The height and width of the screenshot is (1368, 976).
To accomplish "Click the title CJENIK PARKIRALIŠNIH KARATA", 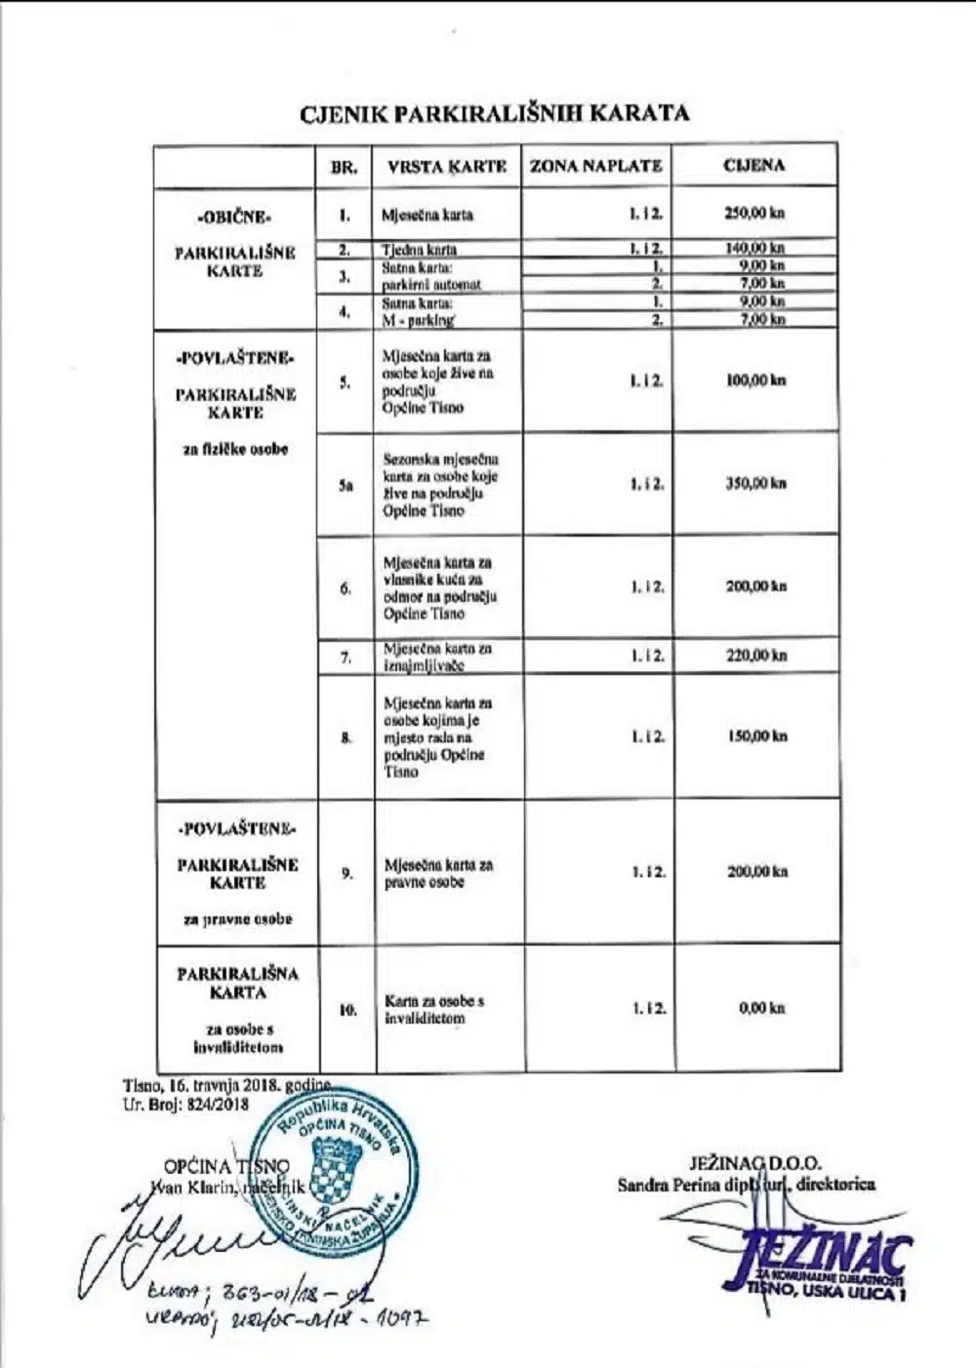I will click(x=495, y=113).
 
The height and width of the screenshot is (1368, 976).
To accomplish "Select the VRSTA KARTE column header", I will click(x=446, y=167).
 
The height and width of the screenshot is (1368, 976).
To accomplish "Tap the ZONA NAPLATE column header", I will click(x=595, y=166).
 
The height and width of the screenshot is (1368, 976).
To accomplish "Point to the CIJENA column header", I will click(x=753, y=165).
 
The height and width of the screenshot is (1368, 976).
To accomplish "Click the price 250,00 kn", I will click(x=754, y=215).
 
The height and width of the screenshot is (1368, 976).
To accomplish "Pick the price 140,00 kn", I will click(x=754, y=249).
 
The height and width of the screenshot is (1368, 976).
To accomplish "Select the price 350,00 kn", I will click(x=754, y=483).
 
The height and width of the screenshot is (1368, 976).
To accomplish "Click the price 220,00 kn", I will click(x=754, y=656).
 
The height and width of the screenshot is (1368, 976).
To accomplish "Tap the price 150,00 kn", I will click(x=754, y=737).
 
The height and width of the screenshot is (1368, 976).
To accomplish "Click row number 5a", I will click(x=346, y=485).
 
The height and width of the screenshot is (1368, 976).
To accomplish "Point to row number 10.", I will click(x=347, y=1010).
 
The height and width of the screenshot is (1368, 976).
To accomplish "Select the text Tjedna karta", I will click(x=419, y=250).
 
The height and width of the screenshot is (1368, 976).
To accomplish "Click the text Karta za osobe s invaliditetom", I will click(x=433, y=1009).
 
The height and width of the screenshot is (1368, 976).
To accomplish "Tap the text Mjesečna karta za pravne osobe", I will click(x=438, y=873).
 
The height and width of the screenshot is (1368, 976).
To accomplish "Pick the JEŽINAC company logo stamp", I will click(x=818, y=1261).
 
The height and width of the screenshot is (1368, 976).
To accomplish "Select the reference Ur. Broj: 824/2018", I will click(x=185, y=1105).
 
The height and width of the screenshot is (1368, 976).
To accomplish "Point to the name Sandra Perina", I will click(x=663, y=1186).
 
